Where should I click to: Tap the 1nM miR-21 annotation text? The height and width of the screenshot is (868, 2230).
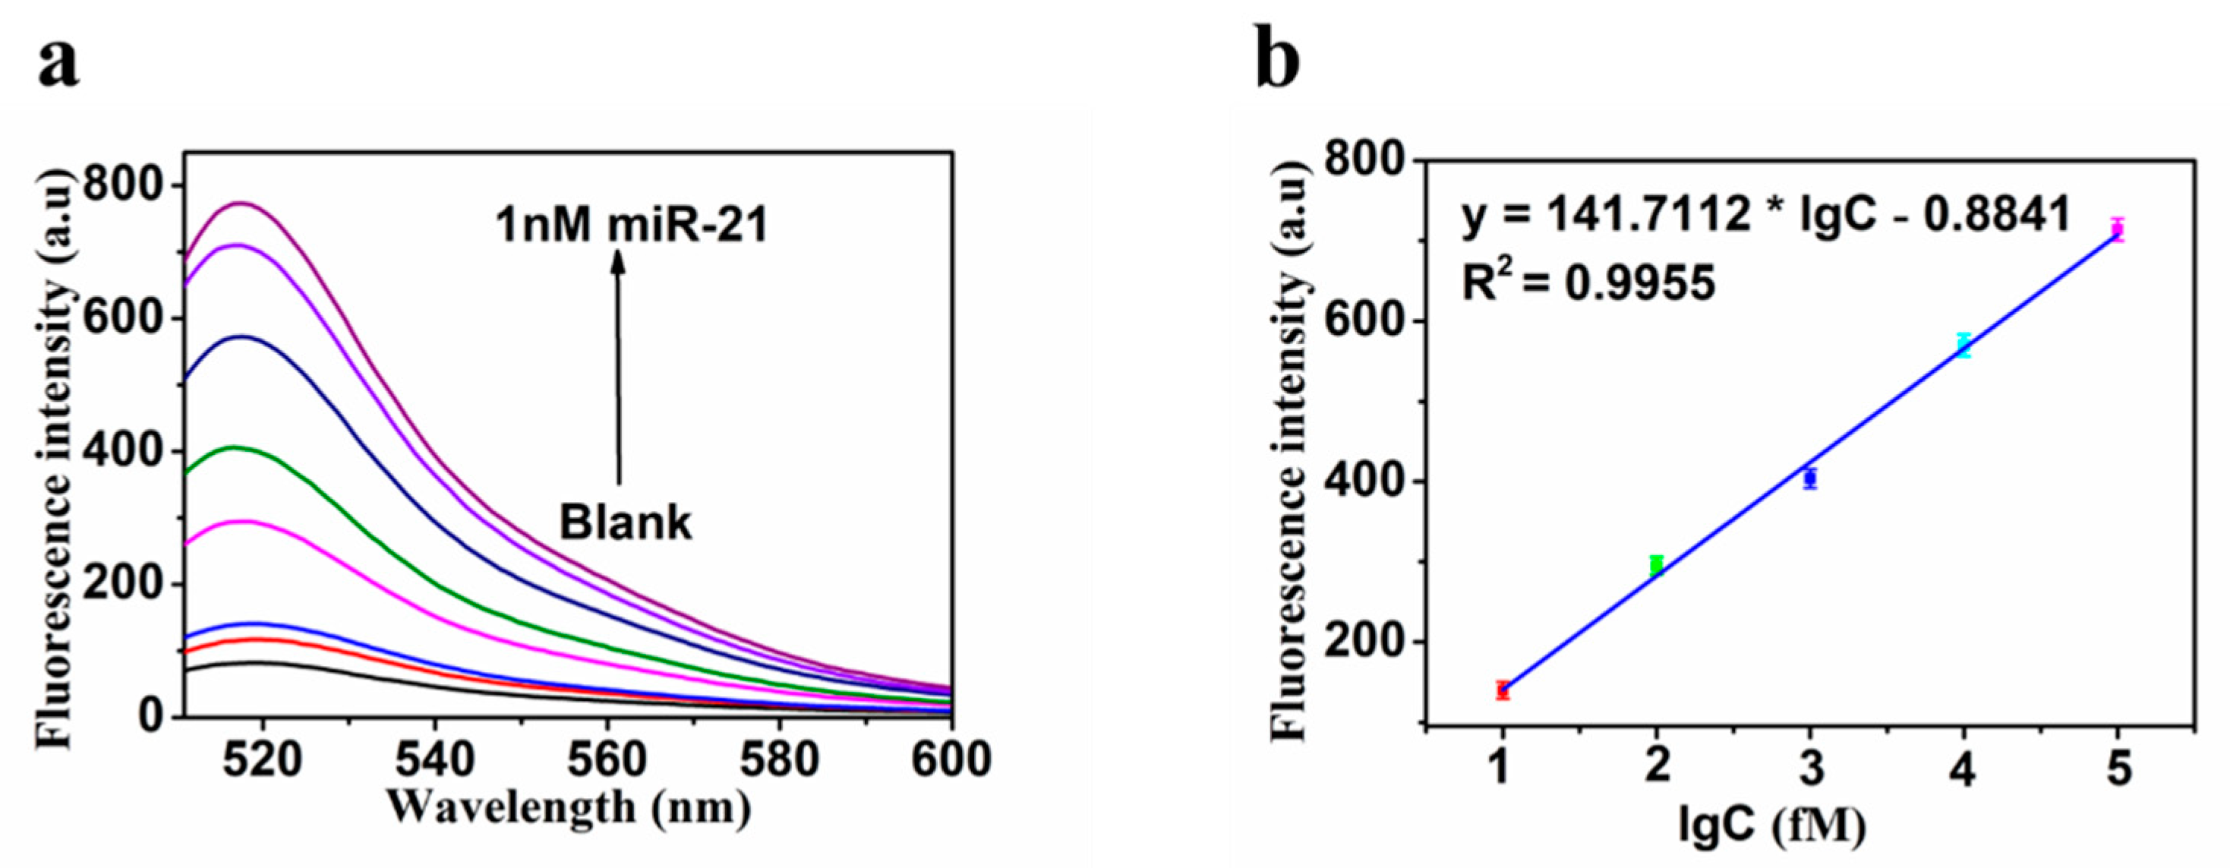coord(632,227)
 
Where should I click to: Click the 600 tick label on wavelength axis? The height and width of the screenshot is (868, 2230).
coord(951,760)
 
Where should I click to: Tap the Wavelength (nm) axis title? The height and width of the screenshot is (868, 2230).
coord(569,807)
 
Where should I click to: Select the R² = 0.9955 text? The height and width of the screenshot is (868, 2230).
coord(1588,282)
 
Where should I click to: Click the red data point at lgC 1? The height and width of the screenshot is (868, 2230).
coord(1503,690)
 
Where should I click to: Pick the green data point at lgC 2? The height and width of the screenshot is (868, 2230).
coord(1656,566)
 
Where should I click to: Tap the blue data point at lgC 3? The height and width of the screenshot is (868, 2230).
coord(1810,478)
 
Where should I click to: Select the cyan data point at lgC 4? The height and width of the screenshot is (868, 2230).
coord(1964,346)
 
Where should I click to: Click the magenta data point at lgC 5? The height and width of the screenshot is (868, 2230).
coord(2118,229)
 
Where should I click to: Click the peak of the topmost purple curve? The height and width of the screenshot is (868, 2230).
coord(241,204)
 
